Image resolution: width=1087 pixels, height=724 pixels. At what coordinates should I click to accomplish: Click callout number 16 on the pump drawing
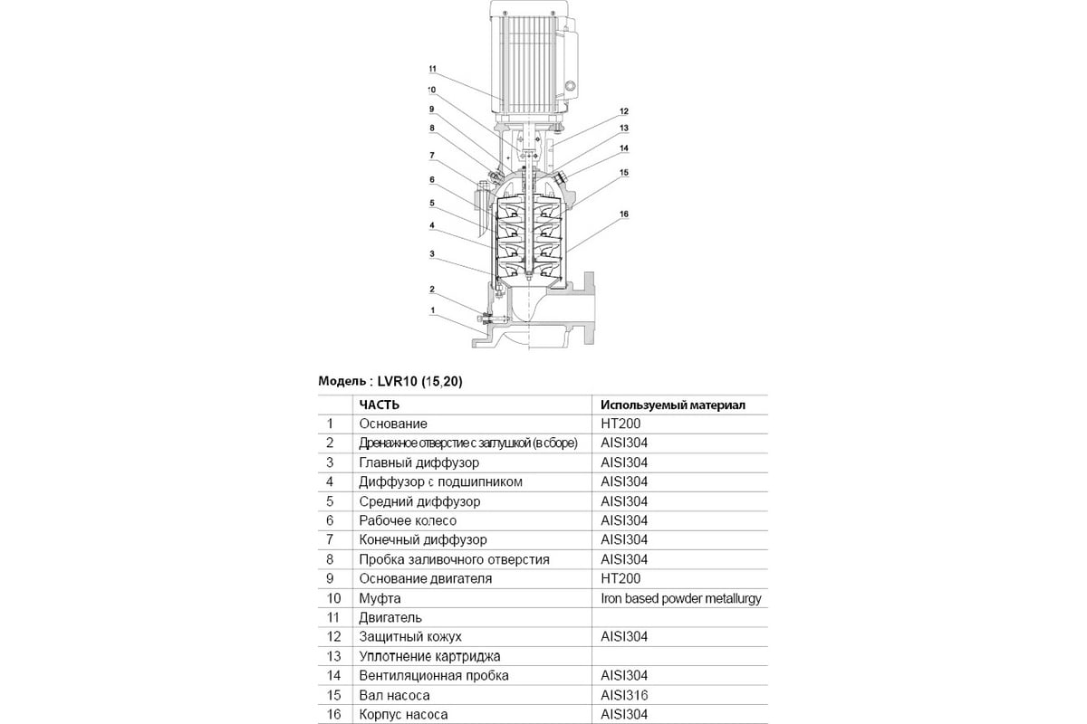pyautogui.click(x=624, y=214)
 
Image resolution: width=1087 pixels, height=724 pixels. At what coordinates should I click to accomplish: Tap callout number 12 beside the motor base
pyautogui.click(x=624, y=111)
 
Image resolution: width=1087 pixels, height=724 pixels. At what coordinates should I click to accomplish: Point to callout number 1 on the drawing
pyautogui.click(x=432, y=310)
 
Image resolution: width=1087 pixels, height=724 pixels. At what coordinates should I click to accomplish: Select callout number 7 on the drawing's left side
pyautogui.click(x=432, y=155)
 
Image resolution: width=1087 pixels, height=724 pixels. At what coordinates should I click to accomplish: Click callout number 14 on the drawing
pyautogui.click(x=624, y=148)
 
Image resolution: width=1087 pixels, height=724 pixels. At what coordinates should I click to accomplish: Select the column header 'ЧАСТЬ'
pyautogui.click(x=380, y=405)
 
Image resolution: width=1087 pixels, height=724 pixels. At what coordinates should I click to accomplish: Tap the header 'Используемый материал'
pyautogui.click(x=673, y=405)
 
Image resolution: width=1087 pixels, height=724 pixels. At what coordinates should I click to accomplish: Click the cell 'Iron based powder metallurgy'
pyautogui.click(x=681, y=598)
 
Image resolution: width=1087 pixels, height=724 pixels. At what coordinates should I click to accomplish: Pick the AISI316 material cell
pyautogui.click(x=624, y=695)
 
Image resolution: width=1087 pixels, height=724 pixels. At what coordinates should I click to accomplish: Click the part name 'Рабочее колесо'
pyautogui.click(x=408, y=520)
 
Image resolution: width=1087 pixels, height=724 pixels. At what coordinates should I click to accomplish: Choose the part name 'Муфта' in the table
pyautogui.click(x=380, y=598)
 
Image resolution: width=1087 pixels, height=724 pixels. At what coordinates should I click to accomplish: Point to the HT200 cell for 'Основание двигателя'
pyautogui.click(x=620, y=578)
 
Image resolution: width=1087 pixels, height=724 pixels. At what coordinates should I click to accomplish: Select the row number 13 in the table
pyautogui.click(x=334, y=656)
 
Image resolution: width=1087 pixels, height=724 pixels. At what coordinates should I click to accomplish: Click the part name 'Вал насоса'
pyautogui.click(x=395, y=695)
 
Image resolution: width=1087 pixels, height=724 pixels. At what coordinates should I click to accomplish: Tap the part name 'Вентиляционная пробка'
pyautogui.click(x=434, y=675)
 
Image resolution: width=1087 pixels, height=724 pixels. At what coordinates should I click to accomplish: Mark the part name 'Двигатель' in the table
pyautogui.click(x=390, y=618)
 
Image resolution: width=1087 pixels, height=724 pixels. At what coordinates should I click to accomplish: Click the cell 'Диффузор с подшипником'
pyautogui.click(x=440, y=482)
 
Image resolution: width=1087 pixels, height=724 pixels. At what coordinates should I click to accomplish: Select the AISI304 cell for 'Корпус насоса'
pyautogui.click(x=624, y=714)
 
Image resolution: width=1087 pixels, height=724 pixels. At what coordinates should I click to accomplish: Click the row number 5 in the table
pyautogui.click(x=330, y=501)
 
